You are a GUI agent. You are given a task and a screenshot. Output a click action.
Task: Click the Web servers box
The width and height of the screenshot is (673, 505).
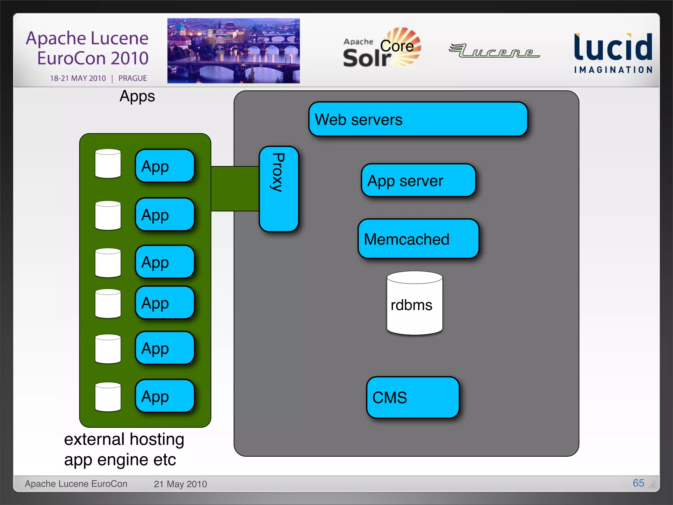click(418, 119)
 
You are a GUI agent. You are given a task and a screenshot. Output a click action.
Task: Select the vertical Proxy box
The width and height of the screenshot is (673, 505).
click(279, 189)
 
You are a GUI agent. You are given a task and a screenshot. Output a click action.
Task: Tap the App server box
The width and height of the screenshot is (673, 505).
click(418, 180)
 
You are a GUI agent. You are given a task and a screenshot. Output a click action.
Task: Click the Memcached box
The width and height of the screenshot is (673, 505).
click(418, 239)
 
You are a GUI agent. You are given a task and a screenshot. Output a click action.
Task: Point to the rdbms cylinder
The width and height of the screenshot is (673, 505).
click(414, 304)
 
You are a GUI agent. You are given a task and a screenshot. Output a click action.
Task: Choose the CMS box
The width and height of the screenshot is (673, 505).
click(412, 397)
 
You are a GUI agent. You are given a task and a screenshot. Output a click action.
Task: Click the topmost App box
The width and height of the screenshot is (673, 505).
click(165, 166)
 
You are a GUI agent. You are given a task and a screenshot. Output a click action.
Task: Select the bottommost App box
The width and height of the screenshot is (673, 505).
click(165, 396)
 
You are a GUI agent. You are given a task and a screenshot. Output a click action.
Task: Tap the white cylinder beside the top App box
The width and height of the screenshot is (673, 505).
click(108, 164)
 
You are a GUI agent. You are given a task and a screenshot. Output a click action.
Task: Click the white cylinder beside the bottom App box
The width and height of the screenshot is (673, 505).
click(108, 397)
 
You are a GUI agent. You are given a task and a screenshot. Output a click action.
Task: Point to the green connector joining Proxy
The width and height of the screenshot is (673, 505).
click(235, 189)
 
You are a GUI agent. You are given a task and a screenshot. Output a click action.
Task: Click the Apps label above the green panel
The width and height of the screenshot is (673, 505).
click(137, 96)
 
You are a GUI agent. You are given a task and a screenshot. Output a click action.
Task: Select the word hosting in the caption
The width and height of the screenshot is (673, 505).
click(157, 440)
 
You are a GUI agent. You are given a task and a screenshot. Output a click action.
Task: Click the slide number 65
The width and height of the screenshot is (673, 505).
click(638, 483)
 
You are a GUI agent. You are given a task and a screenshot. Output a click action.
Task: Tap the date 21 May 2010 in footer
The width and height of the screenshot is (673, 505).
click(180, 484)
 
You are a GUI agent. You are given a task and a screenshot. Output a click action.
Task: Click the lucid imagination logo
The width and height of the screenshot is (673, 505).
click(613, 53)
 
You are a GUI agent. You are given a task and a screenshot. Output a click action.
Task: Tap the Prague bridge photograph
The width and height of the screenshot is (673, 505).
click(233, 51)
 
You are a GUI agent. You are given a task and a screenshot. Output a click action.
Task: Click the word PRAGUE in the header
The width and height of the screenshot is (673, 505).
click(132, 78)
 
